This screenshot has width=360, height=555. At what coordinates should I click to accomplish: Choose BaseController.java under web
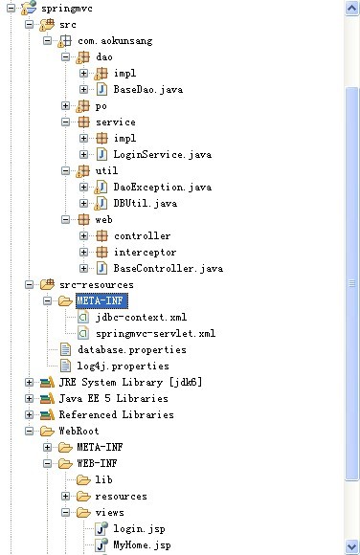point(168,268)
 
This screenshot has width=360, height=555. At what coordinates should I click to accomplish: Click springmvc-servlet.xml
point(155,333)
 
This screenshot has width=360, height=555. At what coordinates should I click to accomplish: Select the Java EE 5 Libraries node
point(113,398)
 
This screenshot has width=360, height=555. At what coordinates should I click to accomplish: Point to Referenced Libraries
point(116,414)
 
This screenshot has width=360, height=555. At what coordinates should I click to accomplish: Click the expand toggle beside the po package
point(66,105)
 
